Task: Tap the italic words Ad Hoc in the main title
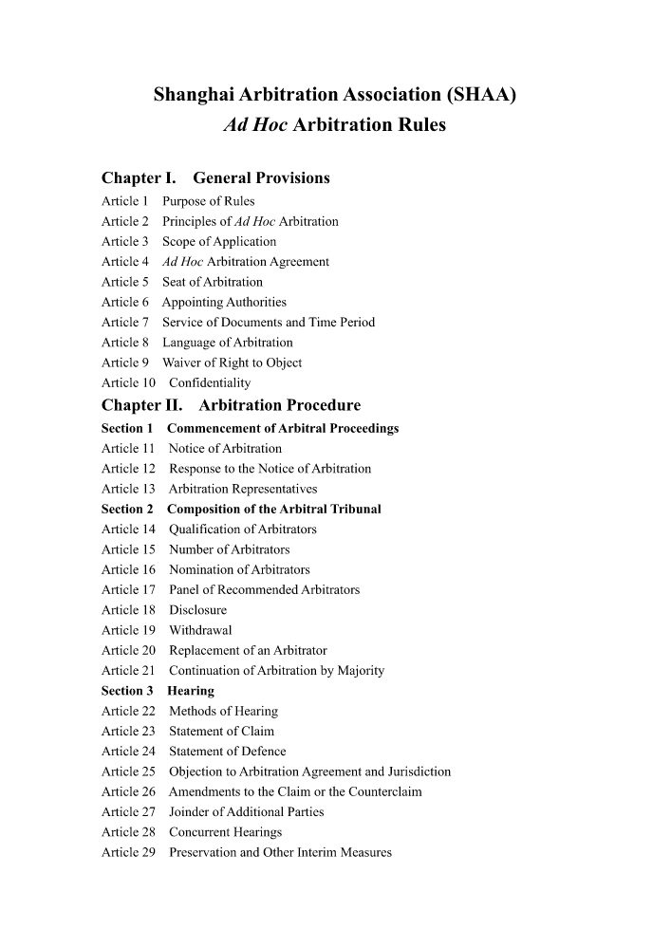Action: [255, 125]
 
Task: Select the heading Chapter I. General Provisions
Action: [215, 178]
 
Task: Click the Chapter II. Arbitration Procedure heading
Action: [231, 406]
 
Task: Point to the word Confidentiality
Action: [210, 383]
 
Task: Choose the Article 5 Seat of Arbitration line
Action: [182, 282]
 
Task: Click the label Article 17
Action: [128, 590]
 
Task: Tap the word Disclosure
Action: [197, 610]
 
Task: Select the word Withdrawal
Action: [200, 630]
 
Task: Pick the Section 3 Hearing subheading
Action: [158, 691]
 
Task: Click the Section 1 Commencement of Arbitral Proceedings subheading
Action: [250, 429]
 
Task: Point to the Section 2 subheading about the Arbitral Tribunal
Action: [241, 510]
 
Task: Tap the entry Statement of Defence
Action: [227, 752]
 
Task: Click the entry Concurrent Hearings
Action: [225, 832]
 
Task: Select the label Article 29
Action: [128, 852]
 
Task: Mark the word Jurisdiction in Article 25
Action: [419, 771]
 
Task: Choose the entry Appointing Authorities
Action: [224, 303]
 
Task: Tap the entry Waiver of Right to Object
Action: [232, 362]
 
